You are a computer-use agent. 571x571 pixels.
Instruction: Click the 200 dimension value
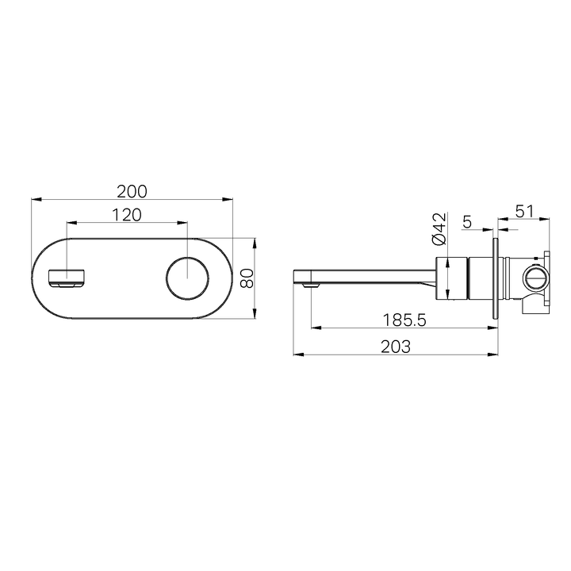tap(132, 191)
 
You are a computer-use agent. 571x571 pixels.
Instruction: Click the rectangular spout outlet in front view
tap(67, 279)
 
